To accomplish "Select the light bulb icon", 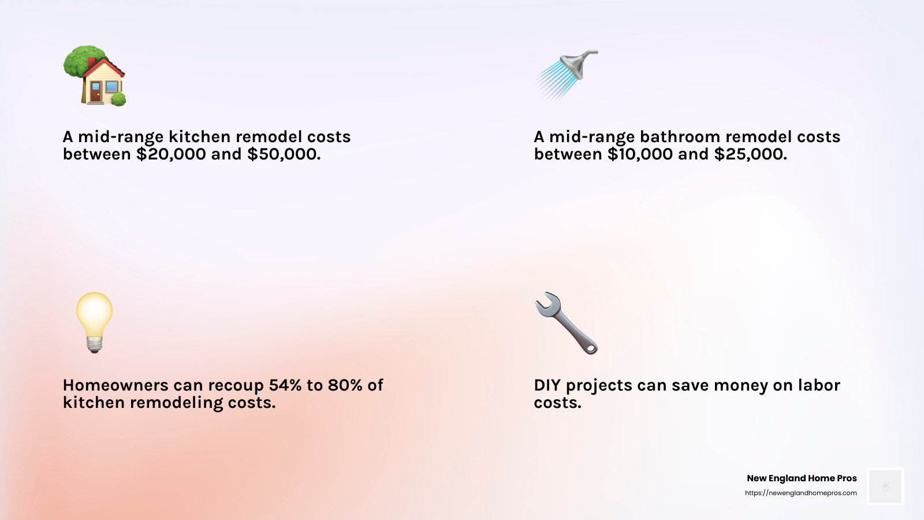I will [x=94, y=322].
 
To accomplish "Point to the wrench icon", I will [x=566, y=322].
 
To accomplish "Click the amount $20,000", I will [x=171, y=154].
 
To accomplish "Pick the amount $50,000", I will [x=284, y=154].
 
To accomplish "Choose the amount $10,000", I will [x=640, y=154].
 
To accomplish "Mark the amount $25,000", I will [x=750, y=154].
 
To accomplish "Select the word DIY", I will [x=547, y=385].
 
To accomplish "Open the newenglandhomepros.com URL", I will [x=800, y=493].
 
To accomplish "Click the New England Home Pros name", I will [x=802, y=478].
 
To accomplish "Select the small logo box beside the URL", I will [x=885, y=486].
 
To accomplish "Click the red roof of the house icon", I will [x=105, y=67].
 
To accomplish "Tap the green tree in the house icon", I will [x=77, y=61].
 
